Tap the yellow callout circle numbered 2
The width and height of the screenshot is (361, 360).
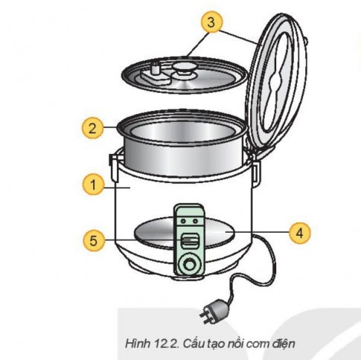[92, 128]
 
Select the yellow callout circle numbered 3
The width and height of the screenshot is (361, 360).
[212, 22]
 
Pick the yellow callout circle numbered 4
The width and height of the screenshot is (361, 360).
[298, 232]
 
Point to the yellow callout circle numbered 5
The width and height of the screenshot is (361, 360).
[92, 240]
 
